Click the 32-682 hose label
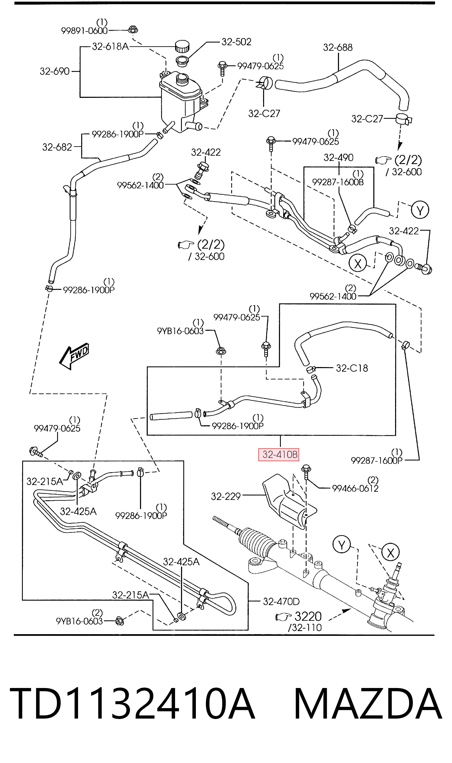(x=57, y=147)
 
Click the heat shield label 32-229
(x=226, y=497)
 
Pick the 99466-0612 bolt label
(x=355, y=488)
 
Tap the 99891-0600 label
(x=84, y=31)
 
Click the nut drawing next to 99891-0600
(x=132, y=30)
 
